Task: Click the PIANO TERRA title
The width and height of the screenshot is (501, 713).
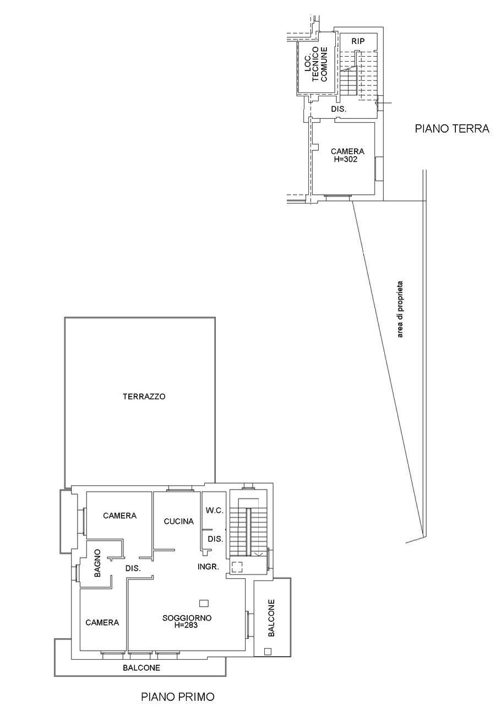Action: pos(452,129)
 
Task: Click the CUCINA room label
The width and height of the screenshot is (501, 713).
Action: pos(179,521)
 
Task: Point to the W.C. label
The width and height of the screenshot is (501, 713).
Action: pos(215,511)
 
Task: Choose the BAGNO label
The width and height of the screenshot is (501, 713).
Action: pos(97,563)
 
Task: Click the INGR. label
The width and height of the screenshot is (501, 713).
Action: pos(209,566)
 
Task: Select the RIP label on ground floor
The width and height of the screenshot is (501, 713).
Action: pos(358,41)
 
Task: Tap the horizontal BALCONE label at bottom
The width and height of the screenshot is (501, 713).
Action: pos(141,668)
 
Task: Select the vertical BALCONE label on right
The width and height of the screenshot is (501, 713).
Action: pos(270,617)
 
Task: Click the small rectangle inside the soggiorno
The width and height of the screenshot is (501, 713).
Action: pos(204,602)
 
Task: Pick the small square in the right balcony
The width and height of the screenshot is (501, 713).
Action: pos(268,651)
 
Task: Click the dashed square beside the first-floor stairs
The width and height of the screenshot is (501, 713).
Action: pos(237,567)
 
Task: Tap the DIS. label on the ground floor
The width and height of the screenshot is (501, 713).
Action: pos(339,109)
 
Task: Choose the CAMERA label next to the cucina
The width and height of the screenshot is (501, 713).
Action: pos(120,515)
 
